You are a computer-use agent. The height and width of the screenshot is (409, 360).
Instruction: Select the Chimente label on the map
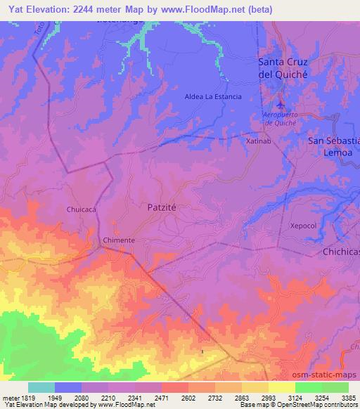tap(119, 240)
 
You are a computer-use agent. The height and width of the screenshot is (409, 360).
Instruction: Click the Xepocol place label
tap(304, 226)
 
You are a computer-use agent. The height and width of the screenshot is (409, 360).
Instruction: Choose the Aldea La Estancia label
tap(213, 96)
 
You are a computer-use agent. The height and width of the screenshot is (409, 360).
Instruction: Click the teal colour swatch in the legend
tap(41, 387)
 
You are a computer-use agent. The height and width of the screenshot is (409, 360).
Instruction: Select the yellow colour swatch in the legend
tap(281, 387)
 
